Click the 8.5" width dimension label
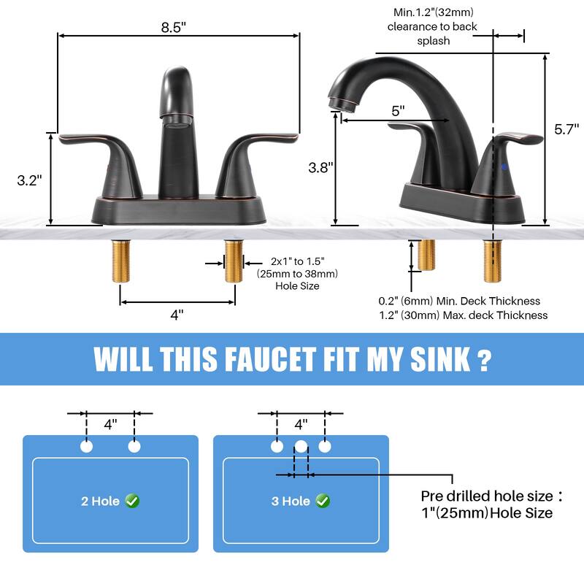(x=174, y=27)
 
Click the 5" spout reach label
(x=398, y=111)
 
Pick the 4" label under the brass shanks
(x=177, y=315)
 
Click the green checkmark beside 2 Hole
(x=132, y=501)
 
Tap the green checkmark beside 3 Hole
(x=323, y=501)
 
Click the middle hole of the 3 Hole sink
(x=301, y=446)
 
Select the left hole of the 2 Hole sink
(x=87, y=446)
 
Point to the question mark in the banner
(x=482, y=359)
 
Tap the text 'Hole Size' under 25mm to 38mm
(x=297, y=286)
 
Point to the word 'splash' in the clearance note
(x=434, y=41)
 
